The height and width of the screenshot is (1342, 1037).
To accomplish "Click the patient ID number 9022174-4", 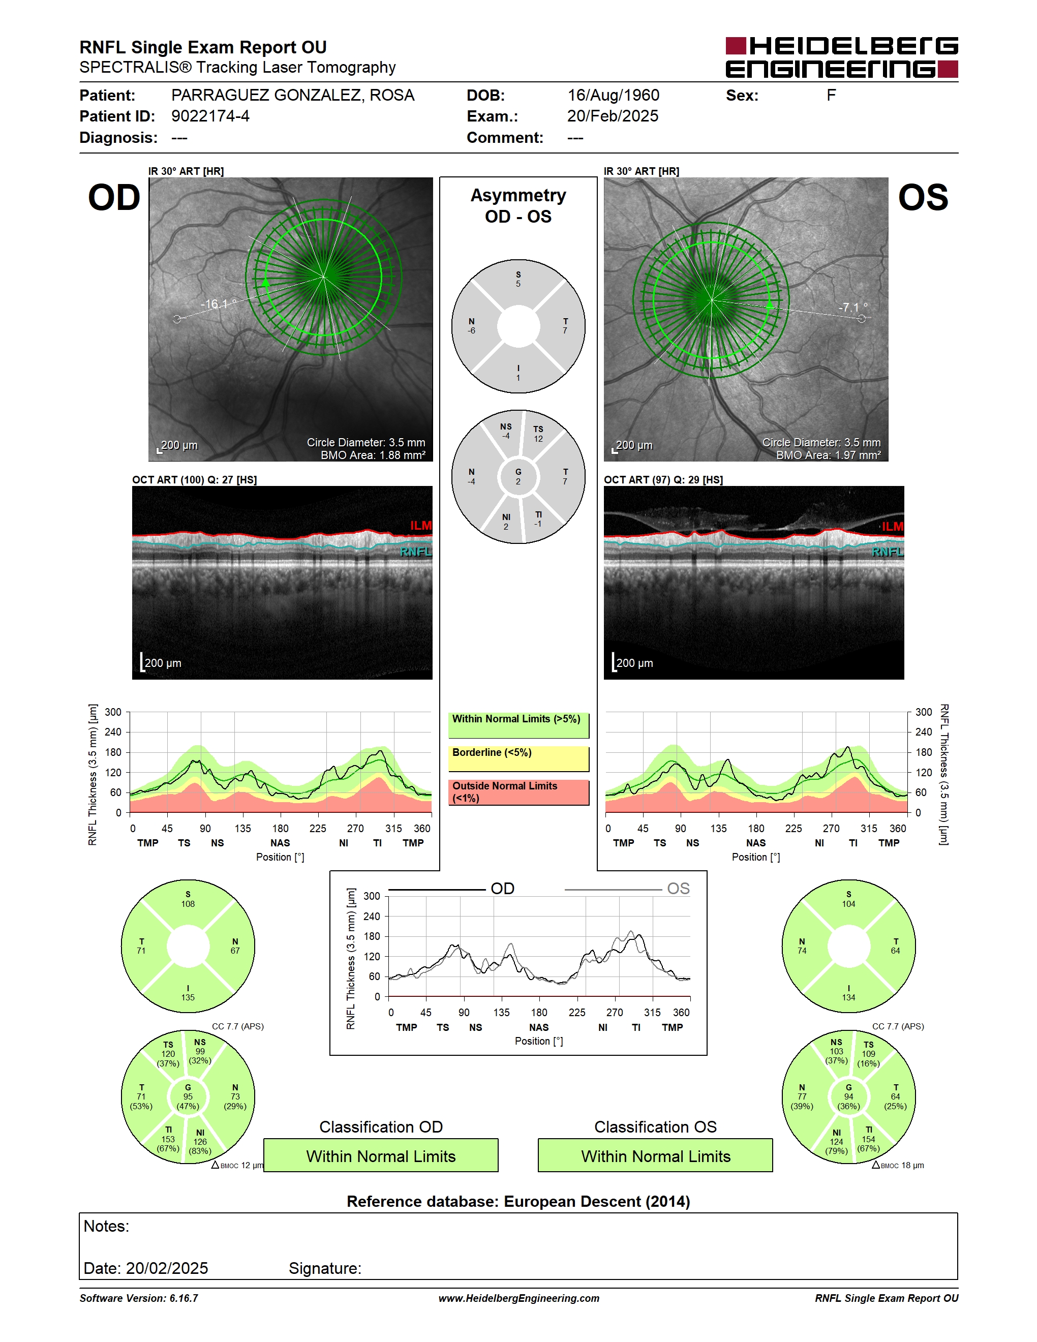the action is [x=210, y=116].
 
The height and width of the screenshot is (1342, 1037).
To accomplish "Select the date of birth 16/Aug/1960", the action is [x=613, y=95].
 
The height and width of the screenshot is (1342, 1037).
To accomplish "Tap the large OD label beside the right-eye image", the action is [x=114, y=197].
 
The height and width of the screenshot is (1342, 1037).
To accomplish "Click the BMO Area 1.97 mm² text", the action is [x=828, y=455].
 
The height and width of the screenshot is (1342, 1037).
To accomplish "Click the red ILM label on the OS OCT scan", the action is [x=892, y=527].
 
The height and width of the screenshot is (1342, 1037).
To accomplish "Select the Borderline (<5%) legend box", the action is [x=518, y=759].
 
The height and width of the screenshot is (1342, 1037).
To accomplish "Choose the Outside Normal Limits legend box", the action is [x=518, y=792].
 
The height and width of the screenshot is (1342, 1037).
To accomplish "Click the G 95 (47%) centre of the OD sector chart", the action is [x=188, y=1097].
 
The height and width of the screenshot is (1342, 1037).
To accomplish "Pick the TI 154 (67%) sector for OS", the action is [x=869, y=1139].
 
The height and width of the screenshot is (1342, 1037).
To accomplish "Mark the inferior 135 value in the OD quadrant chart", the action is [x=188, y=997].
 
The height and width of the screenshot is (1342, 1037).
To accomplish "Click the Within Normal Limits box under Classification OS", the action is [x=656, y=1156].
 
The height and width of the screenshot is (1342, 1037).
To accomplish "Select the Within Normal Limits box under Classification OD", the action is [x=381, y=1156].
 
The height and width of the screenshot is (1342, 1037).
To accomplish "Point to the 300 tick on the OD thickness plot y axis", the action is [x=113, y=712].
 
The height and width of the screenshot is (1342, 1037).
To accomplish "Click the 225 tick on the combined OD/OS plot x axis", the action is [x=577, y=1013].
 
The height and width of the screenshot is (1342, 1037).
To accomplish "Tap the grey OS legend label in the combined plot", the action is [x=678, y=889].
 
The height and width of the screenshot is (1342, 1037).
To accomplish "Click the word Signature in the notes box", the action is [x=325, y=1268].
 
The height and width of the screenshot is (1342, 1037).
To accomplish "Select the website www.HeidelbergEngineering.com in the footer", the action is [x=519, y=1298].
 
